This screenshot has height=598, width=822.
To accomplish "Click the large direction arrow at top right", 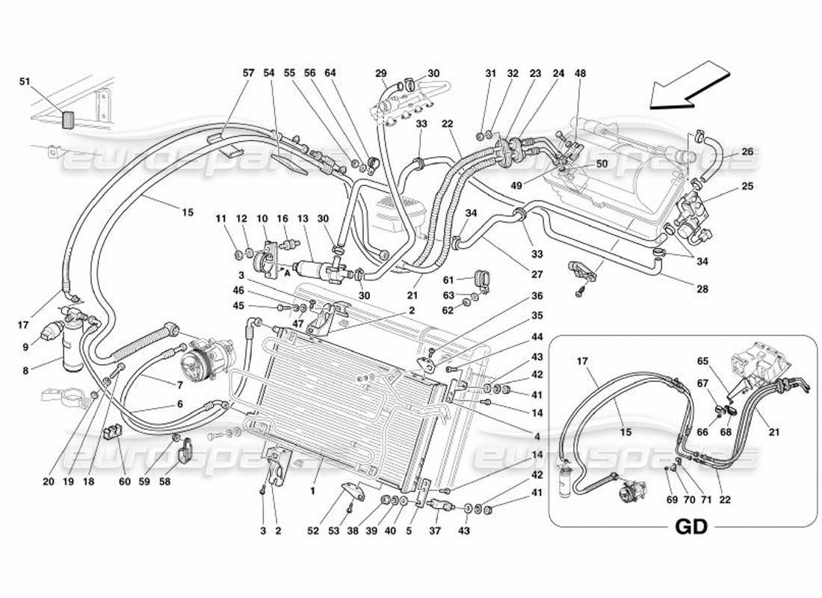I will point(689,88).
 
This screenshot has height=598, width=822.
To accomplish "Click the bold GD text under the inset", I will point(691,527).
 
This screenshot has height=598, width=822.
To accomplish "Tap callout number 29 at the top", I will point(380,73).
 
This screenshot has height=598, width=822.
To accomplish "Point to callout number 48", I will point(581,73).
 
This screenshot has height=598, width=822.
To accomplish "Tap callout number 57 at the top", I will point(248,73).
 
